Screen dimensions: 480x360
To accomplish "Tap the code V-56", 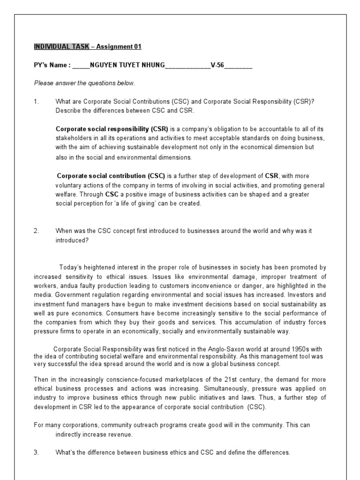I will tap(217, 65).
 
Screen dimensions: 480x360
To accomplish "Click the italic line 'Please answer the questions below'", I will tap(84, 83).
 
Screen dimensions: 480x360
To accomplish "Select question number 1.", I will tap(37, 101).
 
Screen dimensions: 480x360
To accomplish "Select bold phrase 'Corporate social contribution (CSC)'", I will tap(111, 176).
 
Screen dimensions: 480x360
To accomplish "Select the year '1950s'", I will tap(269, 349).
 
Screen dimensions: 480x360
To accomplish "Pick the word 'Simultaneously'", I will tap(231, 389).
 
